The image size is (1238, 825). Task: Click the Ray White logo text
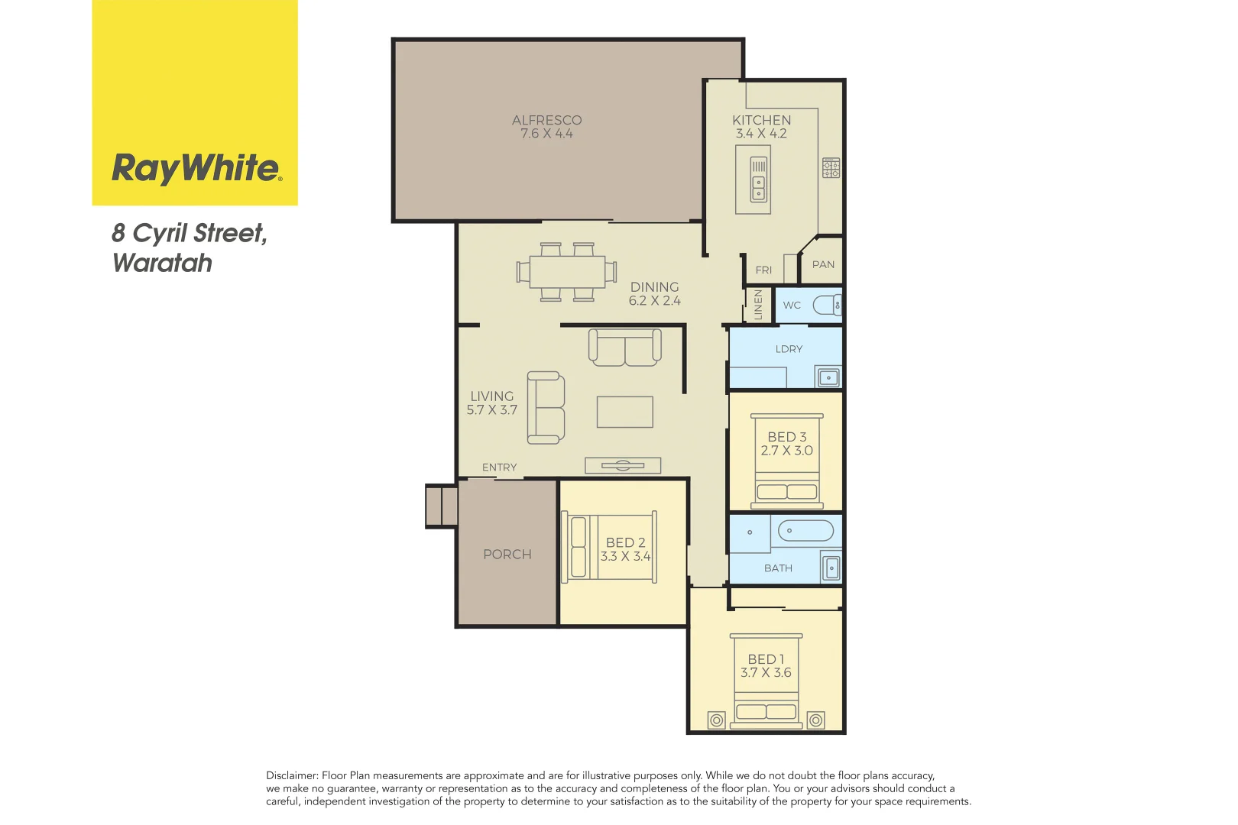[x=196, y=168]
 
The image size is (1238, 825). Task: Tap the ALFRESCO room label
[x=546, y=120]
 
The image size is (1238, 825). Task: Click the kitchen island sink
[x=758, y=187]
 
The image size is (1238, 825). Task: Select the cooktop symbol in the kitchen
[x=831, y=168]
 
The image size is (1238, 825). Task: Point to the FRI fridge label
[x=763, y=270]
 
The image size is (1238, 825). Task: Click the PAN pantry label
[x=823, y=264]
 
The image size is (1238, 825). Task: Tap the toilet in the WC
[x=827, y=306]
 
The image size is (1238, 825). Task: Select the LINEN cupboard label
[x=758, y=305]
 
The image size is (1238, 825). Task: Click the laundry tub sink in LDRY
[x=828, y=377]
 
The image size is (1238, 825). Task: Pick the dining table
[x=567, y=271]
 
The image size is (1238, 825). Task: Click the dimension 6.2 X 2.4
[x=654, y=301]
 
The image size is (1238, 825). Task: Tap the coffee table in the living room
[x=624, y=412]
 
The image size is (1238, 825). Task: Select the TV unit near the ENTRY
[x=622, y=465]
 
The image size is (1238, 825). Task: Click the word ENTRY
[x=499, y=467]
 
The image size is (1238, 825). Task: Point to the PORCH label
[x=507, y=555]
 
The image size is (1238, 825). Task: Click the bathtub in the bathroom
[x=805, y=530]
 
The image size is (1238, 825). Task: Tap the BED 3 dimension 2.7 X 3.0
[x=786, y=451]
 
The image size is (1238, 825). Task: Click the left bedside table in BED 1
[x=716, y=720]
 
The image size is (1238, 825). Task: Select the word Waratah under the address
[x=162, y=263]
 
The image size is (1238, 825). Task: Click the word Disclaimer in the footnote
[x=291, y=775]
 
